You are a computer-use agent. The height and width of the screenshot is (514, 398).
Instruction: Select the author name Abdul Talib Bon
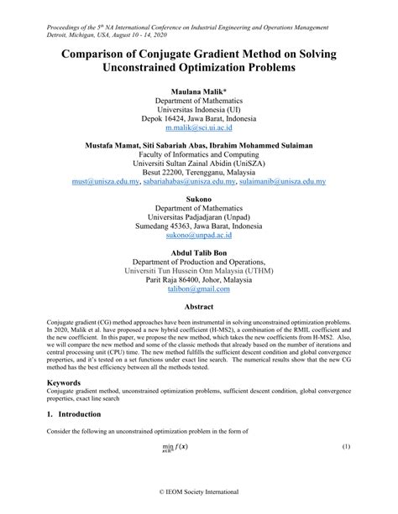[199, 250]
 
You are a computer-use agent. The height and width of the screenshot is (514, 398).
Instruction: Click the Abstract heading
[199, 307]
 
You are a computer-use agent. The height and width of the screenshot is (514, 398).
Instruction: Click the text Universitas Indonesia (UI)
[199, 109]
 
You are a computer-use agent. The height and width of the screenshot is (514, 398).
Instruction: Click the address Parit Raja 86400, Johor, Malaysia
[199, 278]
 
